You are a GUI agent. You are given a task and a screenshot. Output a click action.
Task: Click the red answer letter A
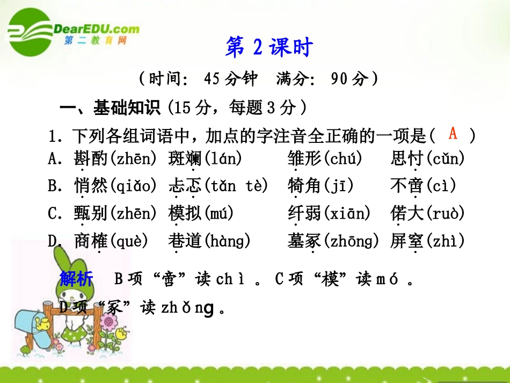tap(453, 133)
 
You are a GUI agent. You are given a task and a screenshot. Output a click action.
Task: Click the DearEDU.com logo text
tap(96, 29)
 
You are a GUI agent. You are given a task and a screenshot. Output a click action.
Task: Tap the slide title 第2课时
tap(268, 48)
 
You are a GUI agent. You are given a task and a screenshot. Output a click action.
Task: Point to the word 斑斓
tap(184, 159)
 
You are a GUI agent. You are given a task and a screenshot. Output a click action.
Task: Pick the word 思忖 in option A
tap(407, 159)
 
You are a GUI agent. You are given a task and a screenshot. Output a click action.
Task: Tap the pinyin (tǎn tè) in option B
tap(235, 186)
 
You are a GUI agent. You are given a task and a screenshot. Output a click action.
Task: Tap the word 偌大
tap(407, 214)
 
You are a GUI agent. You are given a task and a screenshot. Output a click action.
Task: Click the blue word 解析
tap(76, 279)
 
